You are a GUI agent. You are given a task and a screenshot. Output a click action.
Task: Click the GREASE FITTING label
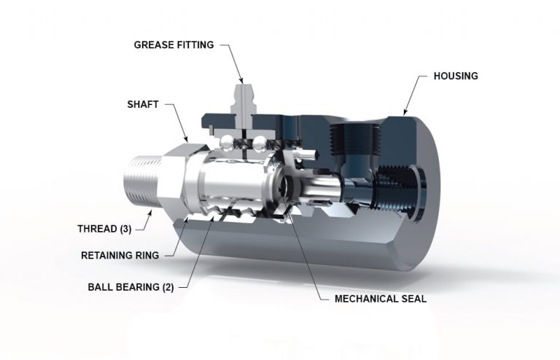pyautogui.click(x=174, y=45)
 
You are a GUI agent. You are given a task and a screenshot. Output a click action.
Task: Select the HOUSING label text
pyautogui.click(x=456, y=76)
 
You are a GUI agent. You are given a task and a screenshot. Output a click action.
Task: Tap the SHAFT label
pyautogui.click(x=143, y=104)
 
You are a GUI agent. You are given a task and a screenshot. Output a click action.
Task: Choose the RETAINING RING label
pyautogui.click(x=120, y=255)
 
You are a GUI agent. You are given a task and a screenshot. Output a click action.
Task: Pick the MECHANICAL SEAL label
pyautogui.click(x=380, y=299)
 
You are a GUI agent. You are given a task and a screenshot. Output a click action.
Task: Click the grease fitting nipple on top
pyautogui.click(x=243, y=95)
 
